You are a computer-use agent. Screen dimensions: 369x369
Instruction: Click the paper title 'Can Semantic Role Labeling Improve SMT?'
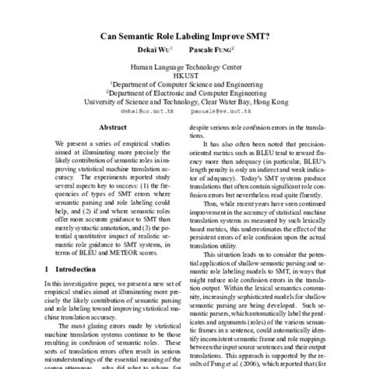tap(184, 36)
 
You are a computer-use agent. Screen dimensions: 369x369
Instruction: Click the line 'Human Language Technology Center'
tap(184, 69)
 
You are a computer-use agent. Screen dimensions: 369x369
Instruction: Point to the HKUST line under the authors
tap(184, 78)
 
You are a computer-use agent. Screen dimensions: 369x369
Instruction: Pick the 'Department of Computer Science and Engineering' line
tap(184, 87)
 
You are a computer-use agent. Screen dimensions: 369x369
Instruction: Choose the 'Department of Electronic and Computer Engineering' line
tap(184, 97)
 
